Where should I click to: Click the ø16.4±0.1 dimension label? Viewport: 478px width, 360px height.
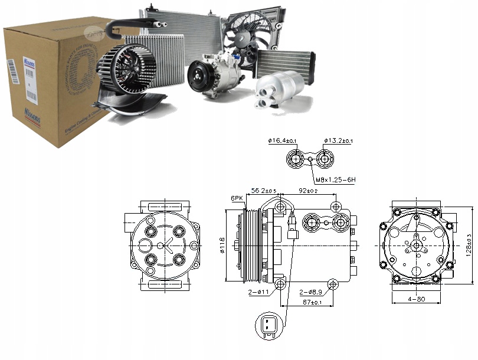[283, 141]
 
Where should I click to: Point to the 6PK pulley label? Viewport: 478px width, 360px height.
[237, 198]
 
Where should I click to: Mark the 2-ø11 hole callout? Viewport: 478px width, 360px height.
[258, 292]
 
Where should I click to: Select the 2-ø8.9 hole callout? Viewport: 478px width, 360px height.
[310, 292]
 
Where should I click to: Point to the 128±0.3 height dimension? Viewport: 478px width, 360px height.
[470, 244]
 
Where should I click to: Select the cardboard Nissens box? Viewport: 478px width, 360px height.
[53, 83]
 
